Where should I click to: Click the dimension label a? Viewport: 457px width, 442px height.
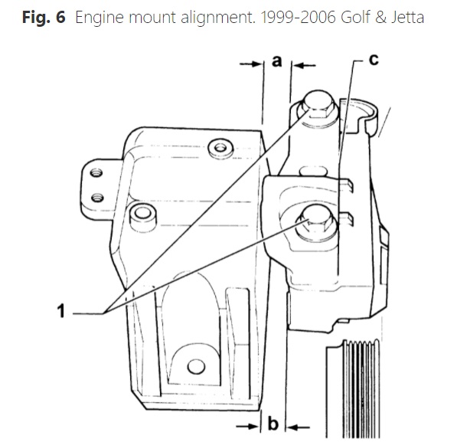coord(277,61)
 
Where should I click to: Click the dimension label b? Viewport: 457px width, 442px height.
coord(273,424)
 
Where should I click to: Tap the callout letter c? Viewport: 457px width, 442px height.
coord(374,60)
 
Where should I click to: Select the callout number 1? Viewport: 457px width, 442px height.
coord(61,310)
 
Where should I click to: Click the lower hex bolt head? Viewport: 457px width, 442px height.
coord(318,221)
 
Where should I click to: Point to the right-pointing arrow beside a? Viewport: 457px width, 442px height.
coord(250,64)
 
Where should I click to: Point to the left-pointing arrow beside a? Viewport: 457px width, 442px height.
coord(304,65)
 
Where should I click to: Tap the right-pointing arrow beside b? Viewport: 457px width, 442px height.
coord(247,427)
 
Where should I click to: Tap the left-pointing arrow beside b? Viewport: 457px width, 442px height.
coord(298,427)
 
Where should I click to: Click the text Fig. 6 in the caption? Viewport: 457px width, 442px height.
coord(44,17)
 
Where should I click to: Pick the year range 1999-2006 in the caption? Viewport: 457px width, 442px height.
coord(298,17)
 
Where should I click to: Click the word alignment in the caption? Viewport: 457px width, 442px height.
coord(217,18)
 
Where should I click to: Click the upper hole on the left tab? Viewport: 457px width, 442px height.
coord(96,172)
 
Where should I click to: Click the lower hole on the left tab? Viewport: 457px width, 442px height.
coord(97,198)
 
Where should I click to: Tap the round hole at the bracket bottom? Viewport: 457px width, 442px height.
coord(196,366)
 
